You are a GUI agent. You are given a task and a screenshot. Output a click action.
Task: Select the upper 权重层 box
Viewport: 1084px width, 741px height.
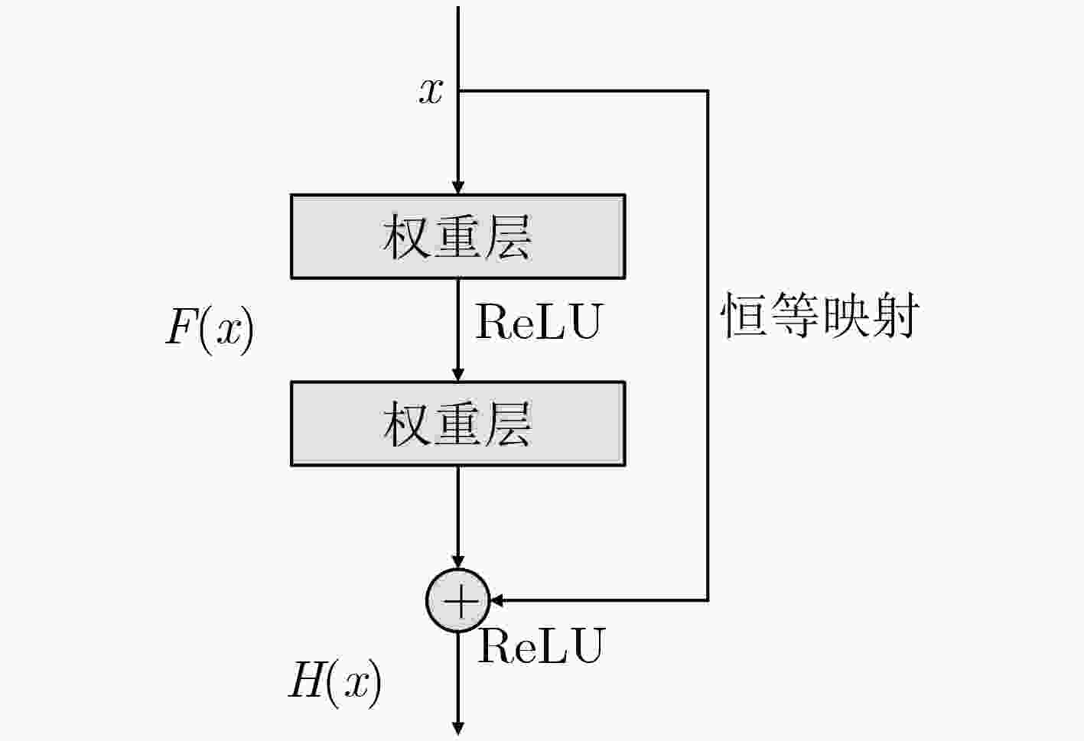coord(457,236)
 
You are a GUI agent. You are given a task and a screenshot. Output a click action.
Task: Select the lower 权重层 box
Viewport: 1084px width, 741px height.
coord(457,424)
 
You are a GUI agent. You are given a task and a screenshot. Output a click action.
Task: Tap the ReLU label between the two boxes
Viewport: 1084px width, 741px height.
coord(539,321)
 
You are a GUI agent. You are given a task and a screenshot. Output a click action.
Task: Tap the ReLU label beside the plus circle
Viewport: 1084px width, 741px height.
coord(541,645)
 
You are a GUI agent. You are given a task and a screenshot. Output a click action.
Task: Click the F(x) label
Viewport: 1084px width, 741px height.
coord(210,330)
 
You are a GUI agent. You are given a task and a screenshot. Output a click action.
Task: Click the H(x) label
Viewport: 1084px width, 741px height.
coord(335,684)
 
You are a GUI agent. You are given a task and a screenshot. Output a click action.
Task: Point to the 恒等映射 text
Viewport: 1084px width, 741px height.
coord(820,315)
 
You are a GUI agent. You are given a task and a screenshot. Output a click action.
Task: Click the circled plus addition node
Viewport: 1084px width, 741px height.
coord(457,601)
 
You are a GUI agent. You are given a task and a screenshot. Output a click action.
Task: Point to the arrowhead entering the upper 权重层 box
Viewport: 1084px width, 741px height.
coord(457,187)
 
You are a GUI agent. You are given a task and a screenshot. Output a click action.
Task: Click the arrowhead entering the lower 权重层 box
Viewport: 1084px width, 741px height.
coord(457,375)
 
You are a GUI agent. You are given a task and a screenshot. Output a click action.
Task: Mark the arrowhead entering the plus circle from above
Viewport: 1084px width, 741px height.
coord(457,562)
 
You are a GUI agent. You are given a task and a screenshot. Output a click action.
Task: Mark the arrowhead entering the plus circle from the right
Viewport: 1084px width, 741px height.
coord(496,601)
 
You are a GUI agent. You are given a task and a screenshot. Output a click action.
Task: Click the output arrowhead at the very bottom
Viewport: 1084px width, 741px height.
coord(457,729)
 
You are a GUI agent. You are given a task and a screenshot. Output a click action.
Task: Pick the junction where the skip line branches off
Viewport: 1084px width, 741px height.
coord(458,90)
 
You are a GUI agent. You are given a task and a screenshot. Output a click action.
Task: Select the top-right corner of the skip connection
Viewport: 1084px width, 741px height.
coord(708,90)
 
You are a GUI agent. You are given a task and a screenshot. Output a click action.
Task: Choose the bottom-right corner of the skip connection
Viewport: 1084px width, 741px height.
coord(708,601)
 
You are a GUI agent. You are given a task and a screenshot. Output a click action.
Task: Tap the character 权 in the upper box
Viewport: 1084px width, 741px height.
coord(406,237)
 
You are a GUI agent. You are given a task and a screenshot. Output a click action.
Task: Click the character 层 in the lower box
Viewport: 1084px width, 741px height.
coord(508,424)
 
